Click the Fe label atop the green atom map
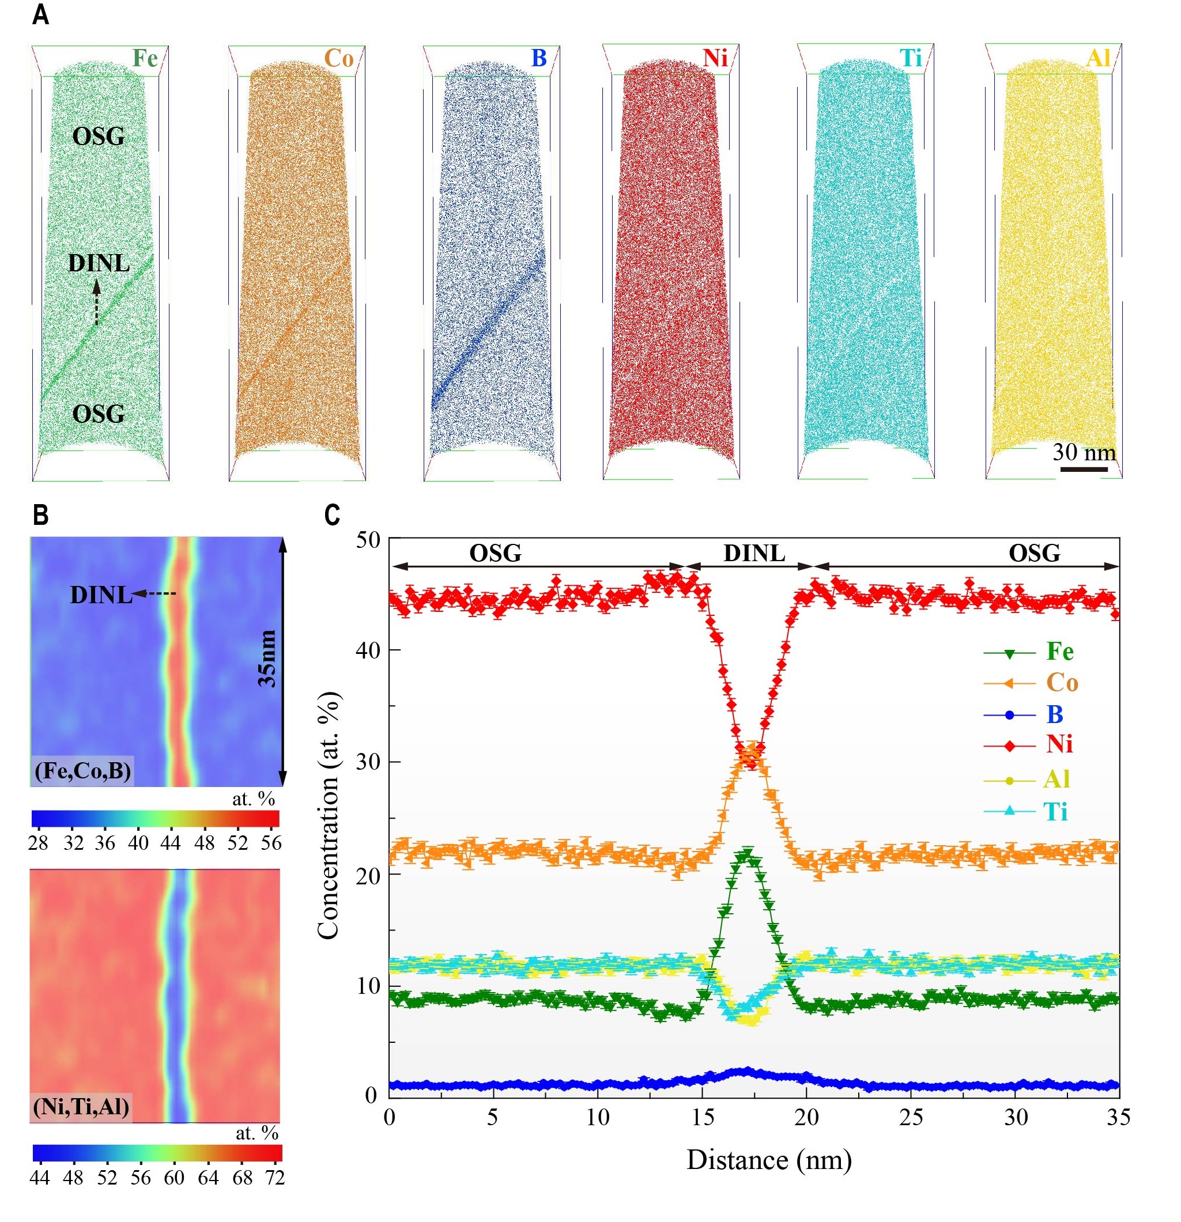point(145,59)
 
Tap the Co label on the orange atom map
point(339,59)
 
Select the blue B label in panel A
point(538,59)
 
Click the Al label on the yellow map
point(1098,58)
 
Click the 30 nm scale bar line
point(1084,468)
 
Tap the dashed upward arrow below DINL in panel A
point(97,303)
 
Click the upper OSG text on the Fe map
point(99,137)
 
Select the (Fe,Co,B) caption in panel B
point(83,771)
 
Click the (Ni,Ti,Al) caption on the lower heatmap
point(81,1107)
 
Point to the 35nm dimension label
point(267,659)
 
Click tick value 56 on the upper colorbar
point(271,843)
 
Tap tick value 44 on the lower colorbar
point(39,1178)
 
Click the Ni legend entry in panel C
point(1059,744)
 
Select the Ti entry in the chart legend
point(1055,812)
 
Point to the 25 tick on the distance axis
point(911,1117)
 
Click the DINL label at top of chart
point(754,553)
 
